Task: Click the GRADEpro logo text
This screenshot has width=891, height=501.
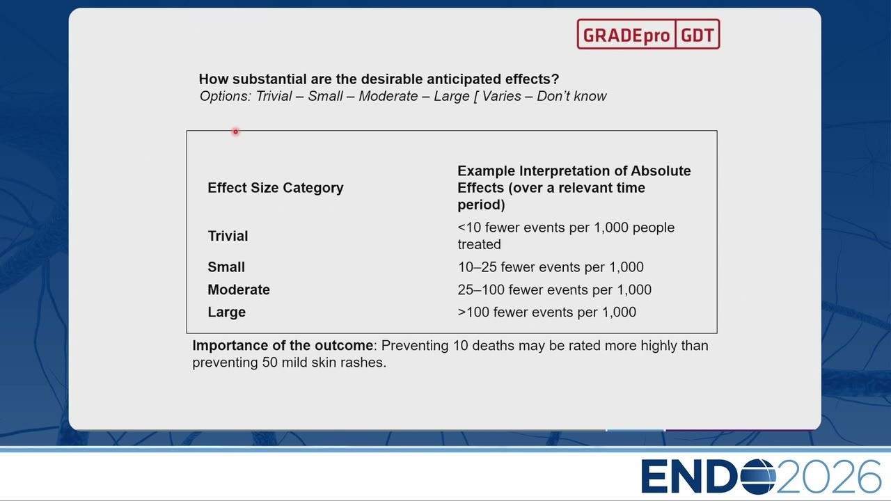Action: [x=626, y=35]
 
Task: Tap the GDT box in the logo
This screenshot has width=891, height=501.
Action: [x=697, y=34]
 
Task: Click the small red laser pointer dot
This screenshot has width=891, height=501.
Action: [x=235, y=132]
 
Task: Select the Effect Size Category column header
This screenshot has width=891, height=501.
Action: [x=275, y=188]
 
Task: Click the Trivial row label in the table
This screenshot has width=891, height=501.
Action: [x=228, y=236]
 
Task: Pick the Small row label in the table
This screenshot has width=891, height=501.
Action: [x=226, y=267]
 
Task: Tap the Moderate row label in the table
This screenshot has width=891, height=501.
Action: [x=239, y=289]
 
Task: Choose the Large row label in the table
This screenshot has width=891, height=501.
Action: [x=227, y=312]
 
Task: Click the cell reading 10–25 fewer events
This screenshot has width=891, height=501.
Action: [x=551, y=267]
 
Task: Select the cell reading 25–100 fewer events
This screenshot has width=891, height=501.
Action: [x=555, y=289]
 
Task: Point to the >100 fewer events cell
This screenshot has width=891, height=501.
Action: [x=547, y=312]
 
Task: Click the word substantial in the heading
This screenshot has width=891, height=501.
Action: [x=269, y=79]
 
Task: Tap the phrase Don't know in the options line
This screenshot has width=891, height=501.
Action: [x=571, y=96]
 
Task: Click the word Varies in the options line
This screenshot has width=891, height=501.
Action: [x=502, y=96]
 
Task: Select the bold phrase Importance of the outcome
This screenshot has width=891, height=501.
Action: [x=283, y=346]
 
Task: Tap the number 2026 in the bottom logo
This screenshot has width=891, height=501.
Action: [x=829, y=476]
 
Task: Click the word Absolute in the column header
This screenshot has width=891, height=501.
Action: [x=661, y=171]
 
